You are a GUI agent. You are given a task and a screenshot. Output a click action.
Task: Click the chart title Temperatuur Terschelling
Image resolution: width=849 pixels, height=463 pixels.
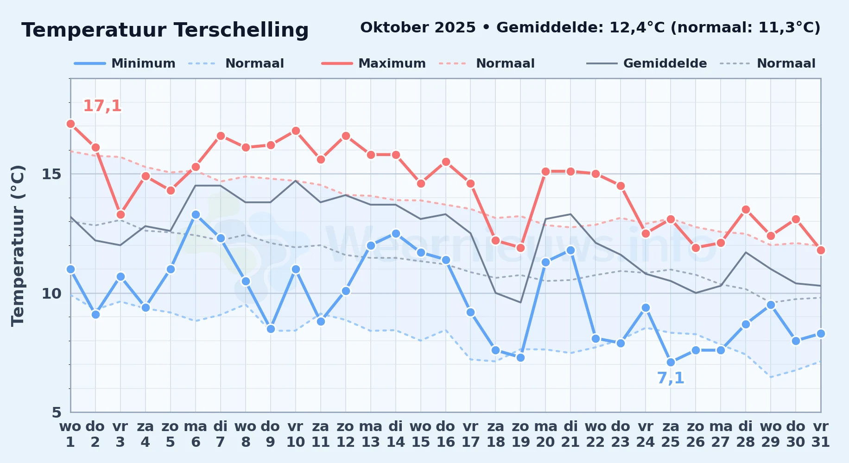[x=165, y=30]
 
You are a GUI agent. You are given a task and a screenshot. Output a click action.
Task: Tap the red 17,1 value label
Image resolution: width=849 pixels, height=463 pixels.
[x=102, y=106]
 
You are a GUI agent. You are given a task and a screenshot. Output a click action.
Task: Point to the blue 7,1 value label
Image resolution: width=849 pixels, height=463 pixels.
[x=671, y=378]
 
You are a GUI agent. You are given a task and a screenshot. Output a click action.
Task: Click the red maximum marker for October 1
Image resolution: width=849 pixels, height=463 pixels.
[x=70, y=124]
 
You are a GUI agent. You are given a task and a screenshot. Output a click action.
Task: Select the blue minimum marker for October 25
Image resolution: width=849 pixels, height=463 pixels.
[x=671, y=362]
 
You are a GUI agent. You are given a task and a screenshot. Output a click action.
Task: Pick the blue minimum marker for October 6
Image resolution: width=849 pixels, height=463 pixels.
[x=196, y=214]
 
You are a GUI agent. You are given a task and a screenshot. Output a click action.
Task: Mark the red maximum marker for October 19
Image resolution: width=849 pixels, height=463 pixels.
[x=520, y=248]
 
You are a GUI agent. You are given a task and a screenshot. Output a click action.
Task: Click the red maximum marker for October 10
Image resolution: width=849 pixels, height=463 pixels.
[x=296, y=131]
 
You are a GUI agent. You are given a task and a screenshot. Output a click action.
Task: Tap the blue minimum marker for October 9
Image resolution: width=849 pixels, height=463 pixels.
[x=271, y=329]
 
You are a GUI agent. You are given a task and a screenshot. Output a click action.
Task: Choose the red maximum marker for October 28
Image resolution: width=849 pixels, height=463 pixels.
[x=746, y=209]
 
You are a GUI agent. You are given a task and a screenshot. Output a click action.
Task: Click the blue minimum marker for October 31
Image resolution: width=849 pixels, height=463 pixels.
[x=821, y=333]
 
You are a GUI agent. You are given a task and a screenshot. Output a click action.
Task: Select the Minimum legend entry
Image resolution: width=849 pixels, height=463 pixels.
[x=125, y=63]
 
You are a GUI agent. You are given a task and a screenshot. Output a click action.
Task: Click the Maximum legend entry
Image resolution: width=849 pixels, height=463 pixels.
[x=374, y=63]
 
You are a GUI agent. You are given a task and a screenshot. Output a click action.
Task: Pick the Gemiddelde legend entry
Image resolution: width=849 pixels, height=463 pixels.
[x=647, y=63]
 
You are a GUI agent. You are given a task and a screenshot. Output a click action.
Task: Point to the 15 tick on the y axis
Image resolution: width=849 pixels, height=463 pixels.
[x=51, y=174]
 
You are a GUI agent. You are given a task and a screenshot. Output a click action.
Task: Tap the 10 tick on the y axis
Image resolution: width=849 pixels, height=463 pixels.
[x=51, y=294]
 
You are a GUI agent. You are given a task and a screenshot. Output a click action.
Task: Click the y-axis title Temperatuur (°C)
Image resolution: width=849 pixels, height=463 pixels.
[x=18, y=245]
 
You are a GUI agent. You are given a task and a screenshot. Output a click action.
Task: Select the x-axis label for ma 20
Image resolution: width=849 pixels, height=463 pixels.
[x=545, y=434]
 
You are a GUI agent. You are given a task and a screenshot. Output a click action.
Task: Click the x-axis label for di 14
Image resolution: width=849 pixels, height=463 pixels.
[x=396, y=434]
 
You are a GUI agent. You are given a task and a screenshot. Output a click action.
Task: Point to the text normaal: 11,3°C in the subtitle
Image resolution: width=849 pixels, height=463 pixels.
[x=745, y=28]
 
